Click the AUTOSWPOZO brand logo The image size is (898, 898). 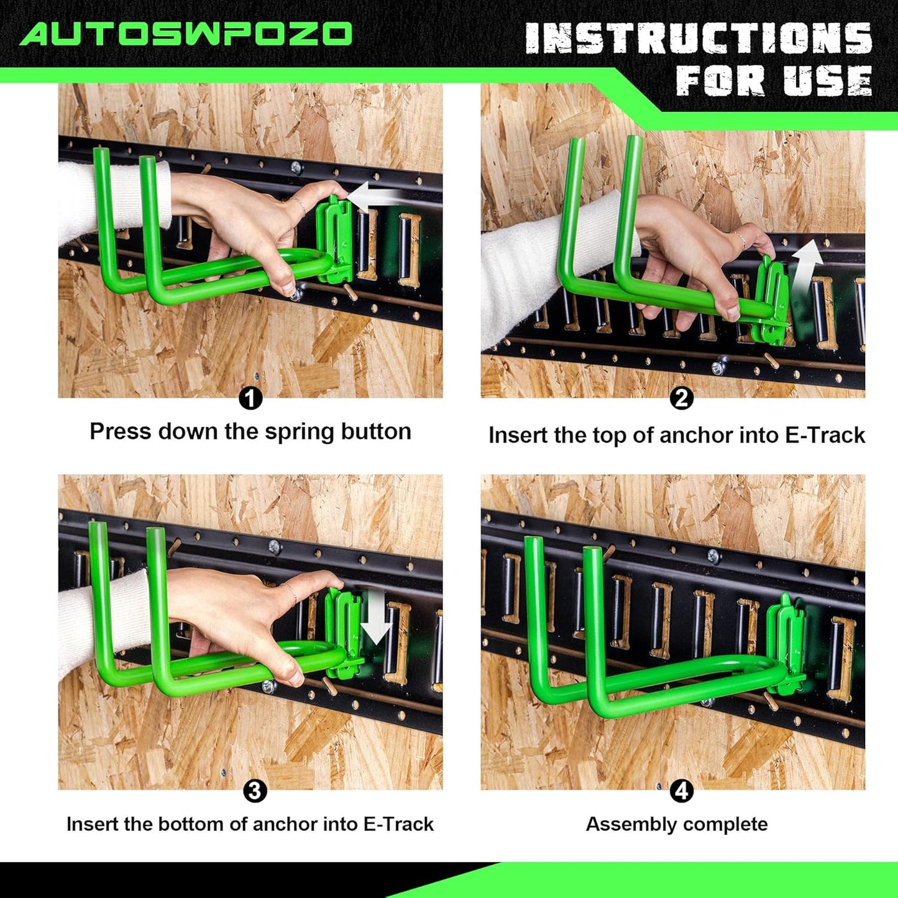186,34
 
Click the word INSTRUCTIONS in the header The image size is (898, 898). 699,39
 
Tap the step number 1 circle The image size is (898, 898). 250,398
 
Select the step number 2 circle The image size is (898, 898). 681,398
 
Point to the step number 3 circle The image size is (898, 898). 254,791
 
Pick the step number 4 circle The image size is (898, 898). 682,791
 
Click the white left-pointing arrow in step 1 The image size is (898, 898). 373,197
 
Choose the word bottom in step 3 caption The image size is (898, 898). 191,824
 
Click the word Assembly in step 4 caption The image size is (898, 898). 623,825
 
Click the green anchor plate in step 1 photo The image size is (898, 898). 335,239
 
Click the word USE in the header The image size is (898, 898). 827,81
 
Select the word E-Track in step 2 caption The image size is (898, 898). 825,436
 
